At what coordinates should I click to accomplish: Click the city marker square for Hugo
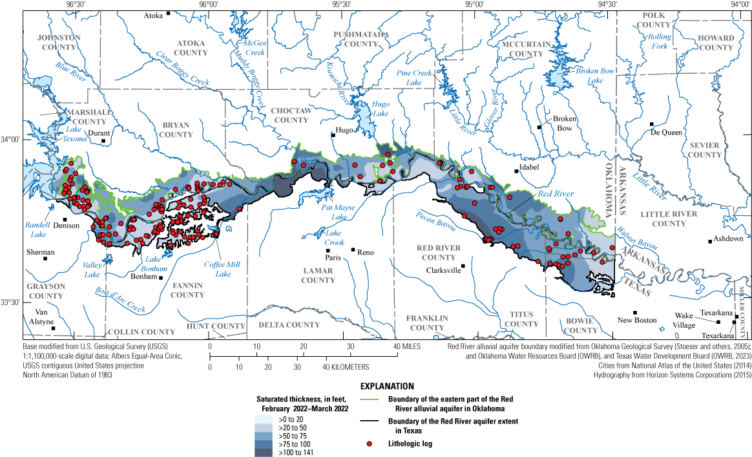pos(333,135)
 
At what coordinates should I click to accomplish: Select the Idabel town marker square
pos(516,171)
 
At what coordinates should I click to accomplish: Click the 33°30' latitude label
pos(11,302)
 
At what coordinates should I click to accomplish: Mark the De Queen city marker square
pos(652,124)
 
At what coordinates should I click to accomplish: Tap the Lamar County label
pos(317,275)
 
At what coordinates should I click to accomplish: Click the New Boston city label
pos(636,320)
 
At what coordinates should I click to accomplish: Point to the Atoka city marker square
pos(168,13)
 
